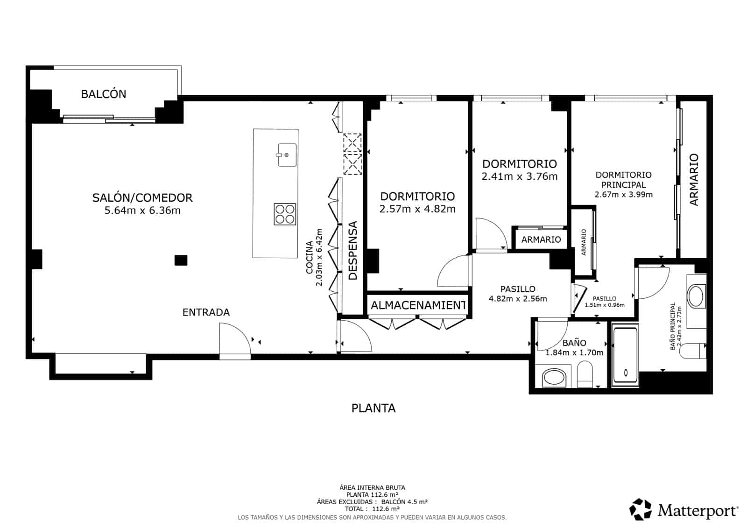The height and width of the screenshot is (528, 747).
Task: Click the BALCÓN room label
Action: pyautogui.click(x=104, y=94)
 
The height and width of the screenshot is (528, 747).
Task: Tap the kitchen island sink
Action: pyautogui.click(x=287, y=155)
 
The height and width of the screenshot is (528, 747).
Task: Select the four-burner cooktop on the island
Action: pyautogui.click(x=285, y=215)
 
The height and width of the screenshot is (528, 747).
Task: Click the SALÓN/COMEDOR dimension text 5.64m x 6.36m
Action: pyautogui.click(x=142, y=211)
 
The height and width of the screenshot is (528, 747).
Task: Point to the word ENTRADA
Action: pyautogui.click(x=206, y=312)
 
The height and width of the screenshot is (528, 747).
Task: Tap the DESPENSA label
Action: pyautogui.click(x=353, y=251)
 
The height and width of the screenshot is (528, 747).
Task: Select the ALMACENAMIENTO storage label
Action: pyautogui.click(x=418, y=305)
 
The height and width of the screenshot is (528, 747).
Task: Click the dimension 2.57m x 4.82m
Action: pyautogui.click(x=417, y=209)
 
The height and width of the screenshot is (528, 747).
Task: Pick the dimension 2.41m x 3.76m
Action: pyautogui.click(x=519, y=176)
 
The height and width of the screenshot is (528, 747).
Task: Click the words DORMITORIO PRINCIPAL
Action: pyautogui.click(x=623, y=180)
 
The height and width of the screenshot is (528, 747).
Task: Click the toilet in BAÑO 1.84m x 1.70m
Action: pyautogui.click(x=585, y=375)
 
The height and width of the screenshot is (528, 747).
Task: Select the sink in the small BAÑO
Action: pyautogui.click(x=554, y=377)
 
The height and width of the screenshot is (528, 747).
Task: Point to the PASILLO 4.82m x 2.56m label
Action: pyautogui.click(x=518, y=294)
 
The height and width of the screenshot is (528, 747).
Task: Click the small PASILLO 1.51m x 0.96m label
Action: pyautogui.click(x=605, y=302)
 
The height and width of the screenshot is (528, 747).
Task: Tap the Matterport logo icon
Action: pyautogui.click(x=641, y=509)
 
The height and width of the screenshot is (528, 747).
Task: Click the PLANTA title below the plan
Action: pyautogui.click(x=373, y=408)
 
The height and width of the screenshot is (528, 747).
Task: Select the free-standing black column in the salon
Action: pyautogui.click(x=181, y=260)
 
